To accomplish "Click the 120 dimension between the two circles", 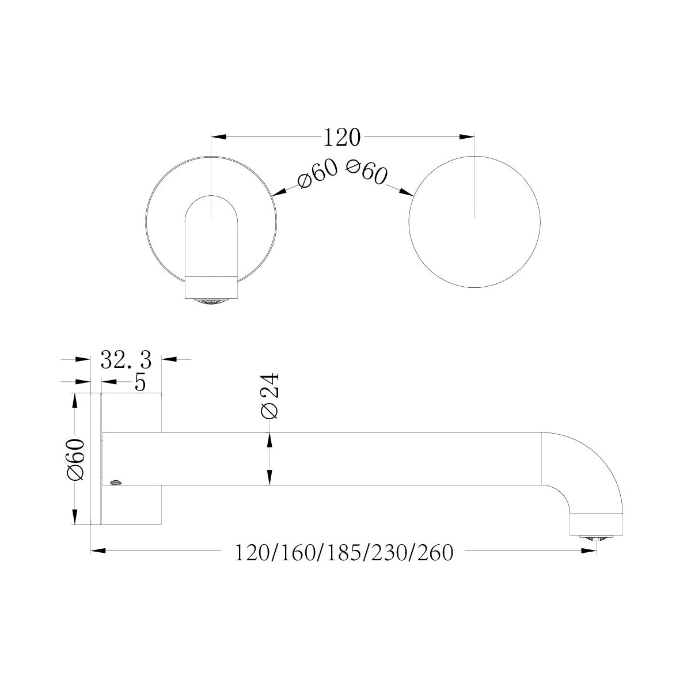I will tap(342, 138).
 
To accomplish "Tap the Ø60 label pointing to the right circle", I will tap(366, 172).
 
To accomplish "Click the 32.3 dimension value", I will tap(126, 360).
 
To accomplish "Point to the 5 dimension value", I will tap(139, 382).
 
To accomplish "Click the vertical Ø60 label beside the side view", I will tap(77, 459).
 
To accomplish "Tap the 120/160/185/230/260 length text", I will tap(344, 553).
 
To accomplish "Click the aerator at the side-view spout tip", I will tap(595, 537).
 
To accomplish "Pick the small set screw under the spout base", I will tap(115, 481).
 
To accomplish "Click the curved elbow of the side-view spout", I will tap(593, 466).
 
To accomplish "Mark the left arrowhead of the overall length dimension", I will tap(98, 552).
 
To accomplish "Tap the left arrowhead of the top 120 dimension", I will tap(219, 137).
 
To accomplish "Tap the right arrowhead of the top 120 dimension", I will tap(467, 137).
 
